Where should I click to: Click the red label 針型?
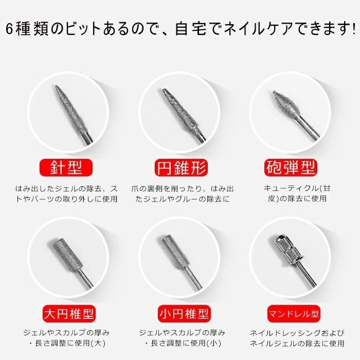66,168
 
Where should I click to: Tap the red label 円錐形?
182,168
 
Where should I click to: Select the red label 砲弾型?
291,168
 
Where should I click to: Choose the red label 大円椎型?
69,314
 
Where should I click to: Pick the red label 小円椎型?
184,314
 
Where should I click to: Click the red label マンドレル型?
294,314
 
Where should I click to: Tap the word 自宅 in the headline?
191,29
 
